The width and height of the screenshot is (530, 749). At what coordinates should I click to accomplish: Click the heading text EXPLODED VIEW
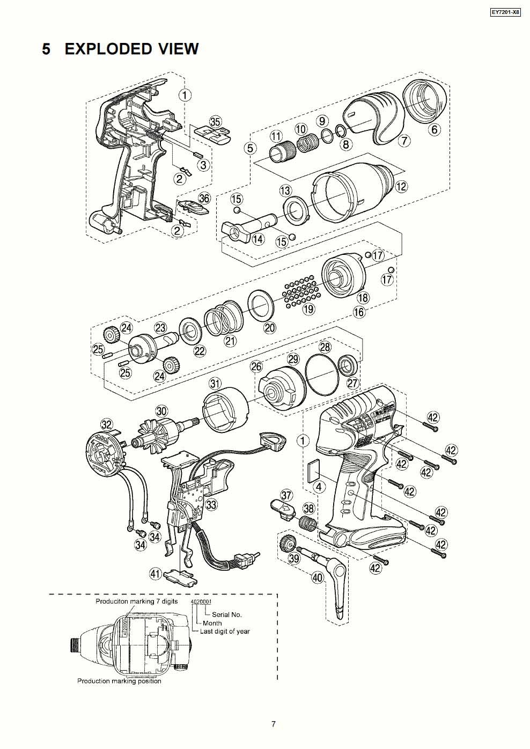[x=131, y=49]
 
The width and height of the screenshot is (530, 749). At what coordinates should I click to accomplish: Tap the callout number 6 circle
[x=434, y=129]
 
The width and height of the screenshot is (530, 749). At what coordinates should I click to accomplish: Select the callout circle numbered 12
[x=401, y=186]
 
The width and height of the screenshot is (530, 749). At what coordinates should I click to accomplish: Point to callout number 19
[x=308, y=309]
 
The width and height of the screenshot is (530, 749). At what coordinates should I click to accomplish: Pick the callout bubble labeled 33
[x=211, y=504]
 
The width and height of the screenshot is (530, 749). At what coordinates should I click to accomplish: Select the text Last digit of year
[x=225, y=631]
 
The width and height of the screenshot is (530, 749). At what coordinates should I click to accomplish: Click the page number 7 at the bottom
[x=273, y=724]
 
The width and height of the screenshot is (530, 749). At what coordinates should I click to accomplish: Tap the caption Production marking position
[x=119, y=681]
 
